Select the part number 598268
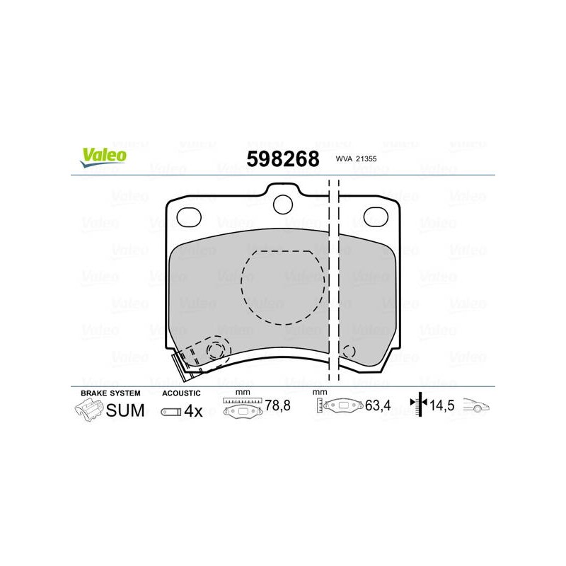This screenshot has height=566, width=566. coord(282,158)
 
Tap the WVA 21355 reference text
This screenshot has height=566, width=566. coord(356,158)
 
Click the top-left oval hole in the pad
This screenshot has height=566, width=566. coord(189,217)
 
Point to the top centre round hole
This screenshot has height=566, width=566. coord(282,204)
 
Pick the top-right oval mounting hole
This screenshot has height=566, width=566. coord(376,217)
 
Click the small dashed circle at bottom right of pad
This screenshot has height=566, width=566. coord(349,351)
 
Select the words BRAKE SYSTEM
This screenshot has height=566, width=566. coord(110,393)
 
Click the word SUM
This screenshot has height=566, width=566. coord(125,410)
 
